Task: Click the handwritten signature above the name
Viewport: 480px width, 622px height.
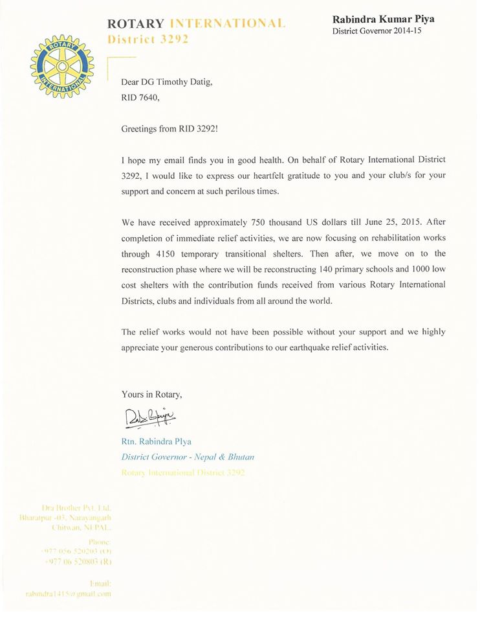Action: coord(149,415)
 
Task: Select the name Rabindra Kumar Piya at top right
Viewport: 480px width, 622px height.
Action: coord(383,19)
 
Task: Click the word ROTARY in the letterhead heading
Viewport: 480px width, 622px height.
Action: coord(136,24)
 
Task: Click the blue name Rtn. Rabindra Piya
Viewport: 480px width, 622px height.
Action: coord(157,442)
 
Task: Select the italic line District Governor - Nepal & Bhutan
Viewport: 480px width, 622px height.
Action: coord(188,457)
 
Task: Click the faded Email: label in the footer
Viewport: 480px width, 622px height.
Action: coord(102,582)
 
